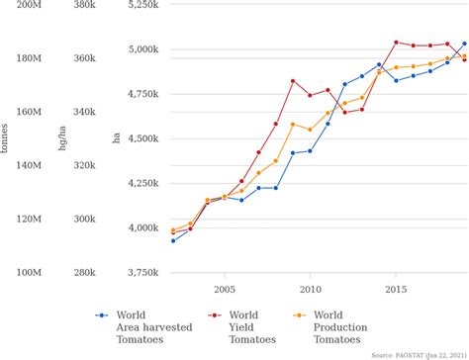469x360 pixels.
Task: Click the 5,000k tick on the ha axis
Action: pos(140,49)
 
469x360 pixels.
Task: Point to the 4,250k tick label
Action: pos(140,183)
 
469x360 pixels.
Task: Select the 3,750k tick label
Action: pos(140,272)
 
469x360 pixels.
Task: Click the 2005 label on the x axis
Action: pos(225,290)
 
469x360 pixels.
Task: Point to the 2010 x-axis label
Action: pos(310,290)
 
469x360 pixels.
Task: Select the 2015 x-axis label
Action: pos(396,290)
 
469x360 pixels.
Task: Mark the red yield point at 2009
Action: pos(293,81)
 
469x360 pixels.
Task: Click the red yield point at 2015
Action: pos(396,43)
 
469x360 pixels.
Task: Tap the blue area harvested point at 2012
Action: pos(344,84)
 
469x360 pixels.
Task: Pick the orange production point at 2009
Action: pos(293,124)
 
